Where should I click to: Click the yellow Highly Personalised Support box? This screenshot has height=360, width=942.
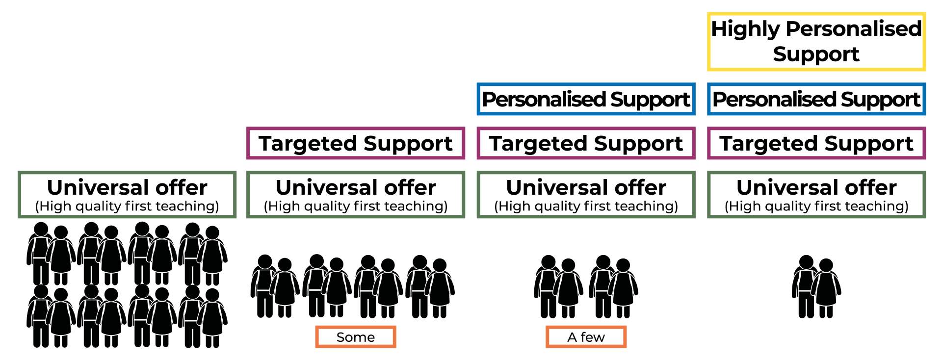click(x=816, y=42)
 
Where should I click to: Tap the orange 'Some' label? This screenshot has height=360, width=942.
click(x=356, y=337)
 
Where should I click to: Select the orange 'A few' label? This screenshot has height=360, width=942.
click(x=586, y=337)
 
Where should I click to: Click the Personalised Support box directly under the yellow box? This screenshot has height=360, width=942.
click(x=816, y=100)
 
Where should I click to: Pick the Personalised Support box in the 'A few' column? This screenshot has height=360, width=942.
click(x=586, y=100)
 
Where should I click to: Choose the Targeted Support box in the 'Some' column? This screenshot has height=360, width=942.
click(x=356, y=144)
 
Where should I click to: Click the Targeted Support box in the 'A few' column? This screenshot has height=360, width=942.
click(x=586, y=144)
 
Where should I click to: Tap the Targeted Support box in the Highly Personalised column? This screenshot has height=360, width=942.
click(x=816, y=144)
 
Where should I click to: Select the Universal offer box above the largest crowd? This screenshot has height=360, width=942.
click(x=127, y=195)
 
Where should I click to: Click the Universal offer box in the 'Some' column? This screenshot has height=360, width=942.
click(x=356, y=195)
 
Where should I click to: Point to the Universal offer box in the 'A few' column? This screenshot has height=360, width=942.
click(x=586, y=195)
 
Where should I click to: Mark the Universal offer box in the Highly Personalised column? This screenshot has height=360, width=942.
click(x=816, y=195)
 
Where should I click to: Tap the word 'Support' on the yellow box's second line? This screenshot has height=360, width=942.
click(x=816, y=54)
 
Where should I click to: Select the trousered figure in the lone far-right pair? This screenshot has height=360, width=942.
click(x=805, y=287)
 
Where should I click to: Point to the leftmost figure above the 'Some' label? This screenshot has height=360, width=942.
click(x=263, y=287)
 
